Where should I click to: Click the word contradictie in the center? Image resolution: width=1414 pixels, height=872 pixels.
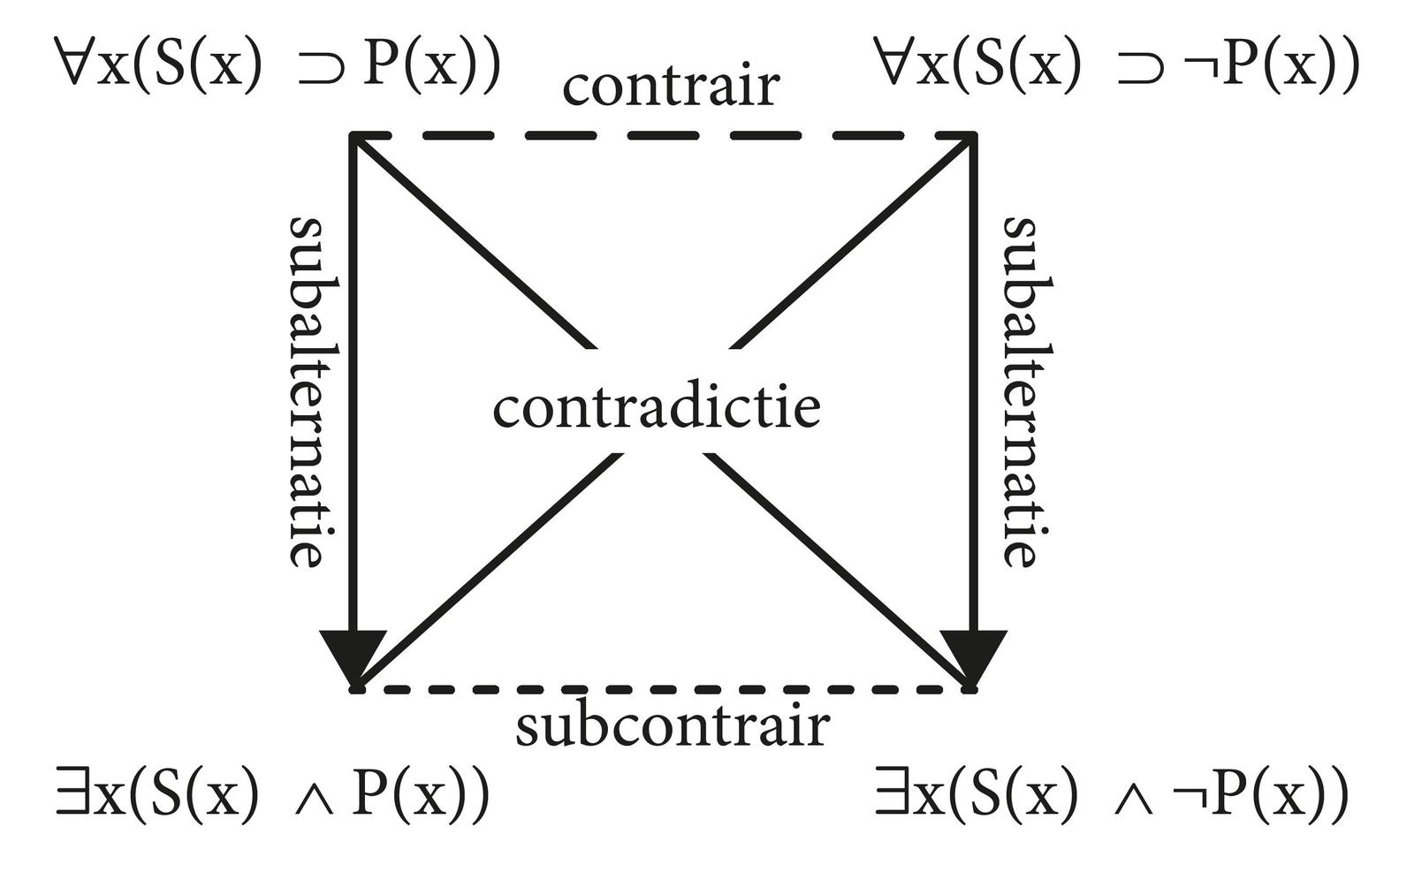point(656,409)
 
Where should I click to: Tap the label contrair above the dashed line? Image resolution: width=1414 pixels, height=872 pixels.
point(671,87)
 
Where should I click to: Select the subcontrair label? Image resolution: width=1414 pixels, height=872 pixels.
point(673,727)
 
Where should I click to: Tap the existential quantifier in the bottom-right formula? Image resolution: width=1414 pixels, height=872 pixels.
point(891,794)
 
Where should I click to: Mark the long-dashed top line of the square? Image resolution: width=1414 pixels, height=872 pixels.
point(663,135)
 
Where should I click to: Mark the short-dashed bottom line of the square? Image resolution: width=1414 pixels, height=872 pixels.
point(663,689)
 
